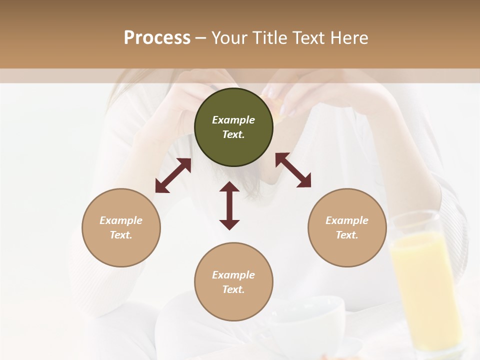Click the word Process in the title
click(x=157, y=38)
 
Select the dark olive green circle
click(x=233, y=127)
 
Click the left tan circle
click(x=121, y=227)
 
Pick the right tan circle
click(x=347, y=227)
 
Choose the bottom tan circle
click(x=233, y=281)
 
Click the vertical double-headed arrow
click(x=229, y=205)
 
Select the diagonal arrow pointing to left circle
click(x=173, y=175)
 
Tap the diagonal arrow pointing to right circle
click(x=293, y=170)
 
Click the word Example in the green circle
click(x=233, y=120)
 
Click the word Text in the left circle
click(x=121, y=235)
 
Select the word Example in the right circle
click(x=347, y=220)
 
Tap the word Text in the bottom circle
click(x=233, y=289)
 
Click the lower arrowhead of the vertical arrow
click(x=229, y=224)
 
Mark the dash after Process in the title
click(x=200, y=38)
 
